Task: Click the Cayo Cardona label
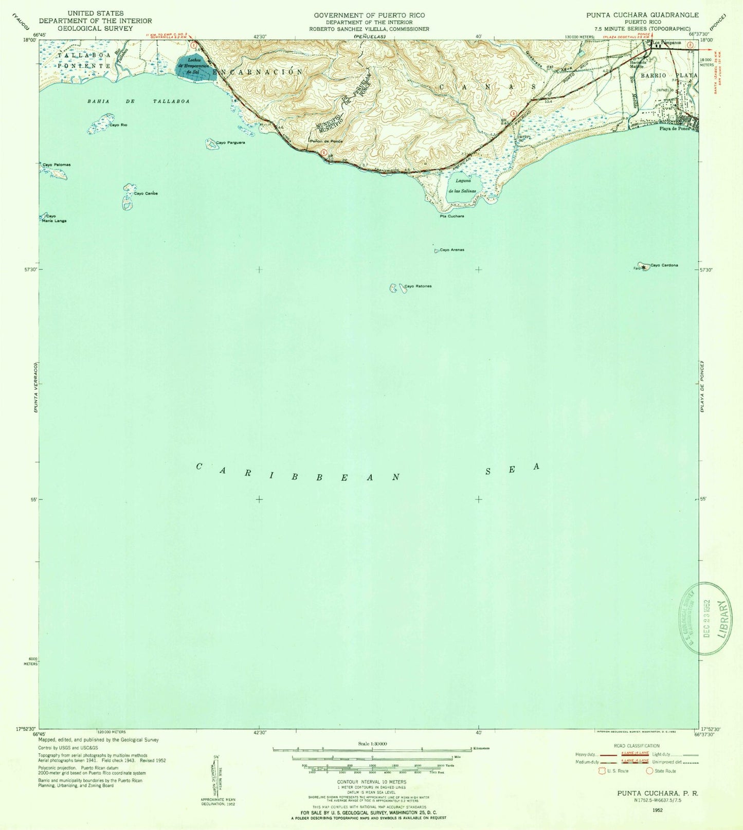coord(664,265)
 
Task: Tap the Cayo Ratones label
coord(418,286)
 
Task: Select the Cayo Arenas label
coord(452,250)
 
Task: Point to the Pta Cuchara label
coord(451,216)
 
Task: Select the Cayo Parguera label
coord(230,142)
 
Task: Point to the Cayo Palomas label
coord(57,165)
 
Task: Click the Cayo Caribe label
coord(146,193)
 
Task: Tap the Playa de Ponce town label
coord(675,129)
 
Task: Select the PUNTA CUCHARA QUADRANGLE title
coord(642,15)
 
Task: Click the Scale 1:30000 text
coord(372,744)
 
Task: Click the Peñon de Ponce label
coord(325,141)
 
